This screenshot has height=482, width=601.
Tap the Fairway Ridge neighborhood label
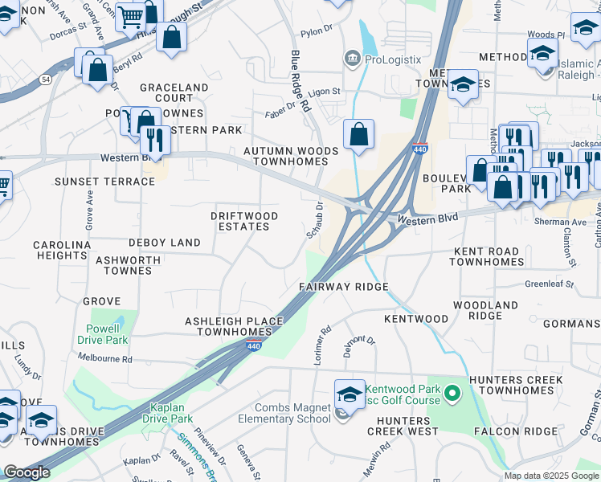coord(344,287)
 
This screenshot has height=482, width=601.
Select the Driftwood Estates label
coord(244,222)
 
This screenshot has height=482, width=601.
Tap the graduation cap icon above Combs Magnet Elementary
coord(350,394)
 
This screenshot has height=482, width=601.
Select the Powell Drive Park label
coord(108,335)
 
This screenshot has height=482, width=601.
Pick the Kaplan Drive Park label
coord(168,413)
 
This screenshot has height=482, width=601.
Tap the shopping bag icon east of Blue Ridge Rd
coord(359,134)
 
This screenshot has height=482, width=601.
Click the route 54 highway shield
coord(47,80)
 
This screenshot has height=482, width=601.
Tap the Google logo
coord(27,472)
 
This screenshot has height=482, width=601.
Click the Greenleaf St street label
coord(549,284)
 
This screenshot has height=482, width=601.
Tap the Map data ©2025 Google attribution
coord(550,476)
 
